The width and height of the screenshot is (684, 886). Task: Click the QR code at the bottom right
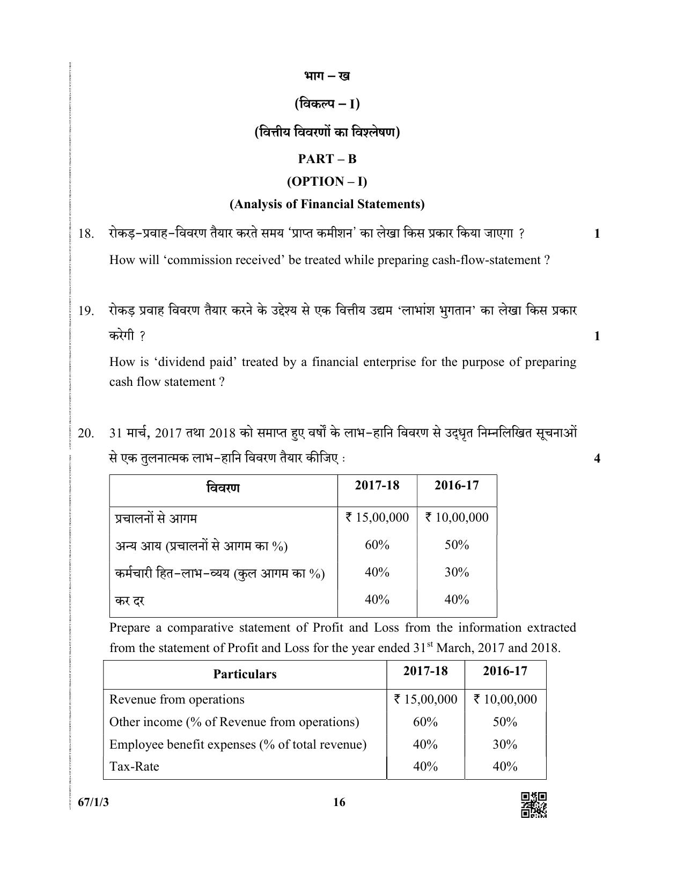tap(534, 805)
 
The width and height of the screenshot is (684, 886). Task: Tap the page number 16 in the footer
tap(339, 802)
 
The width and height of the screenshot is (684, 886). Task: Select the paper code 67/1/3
tap(89, 802)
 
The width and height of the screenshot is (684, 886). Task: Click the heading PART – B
tap(327, 159)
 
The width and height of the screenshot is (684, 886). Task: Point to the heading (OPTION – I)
tap(327, 181)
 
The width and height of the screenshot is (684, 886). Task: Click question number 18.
tap(86, 233)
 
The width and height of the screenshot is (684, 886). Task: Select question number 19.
tap(86, 311)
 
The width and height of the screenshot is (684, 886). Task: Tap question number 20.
tap(86, 433)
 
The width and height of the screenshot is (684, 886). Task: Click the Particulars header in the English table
tap(245, 674)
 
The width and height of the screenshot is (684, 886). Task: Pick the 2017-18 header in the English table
tap(425, 671)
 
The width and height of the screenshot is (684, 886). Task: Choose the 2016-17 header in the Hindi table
tap(457, 485)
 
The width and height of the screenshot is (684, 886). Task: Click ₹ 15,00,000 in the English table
tap(425, 699)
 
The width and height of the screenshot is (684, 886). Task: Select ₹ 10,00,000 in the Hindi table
tap(457, 517)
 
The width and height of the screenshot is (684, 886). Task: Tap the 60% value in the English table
tap(425, 722)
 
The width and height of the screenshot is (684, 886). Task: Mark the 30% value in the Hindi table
tap(457, 572)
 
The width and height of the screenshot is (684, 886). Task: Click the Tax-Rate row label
tap(134, 766)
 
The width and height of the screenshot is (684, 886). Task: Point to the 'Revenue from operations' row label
tap(176, 699)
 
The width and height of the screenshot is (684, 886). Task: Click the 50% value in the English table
tap(505, 722)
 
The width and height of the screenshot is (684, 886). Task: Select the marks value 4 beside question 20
tap(597, 458)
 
